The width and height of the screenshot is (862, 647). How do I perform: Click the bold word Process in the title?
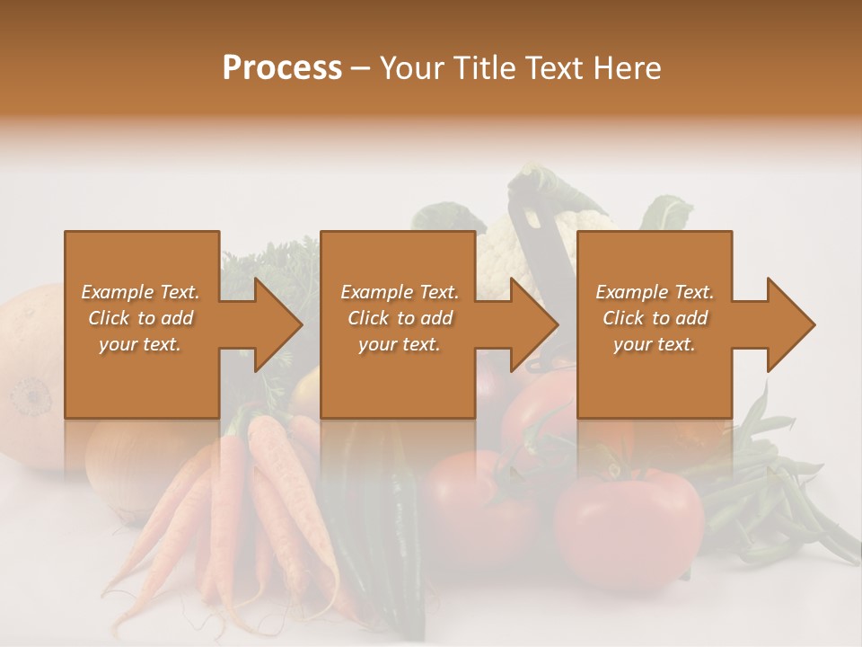(282, 68)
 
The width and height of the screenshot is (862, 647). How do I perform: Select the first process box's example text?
(141, 318)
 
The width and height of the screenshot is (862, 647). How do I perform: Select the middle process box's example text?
(399, 318)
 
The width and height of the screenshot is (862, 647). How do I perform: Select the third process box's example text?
(655, 318)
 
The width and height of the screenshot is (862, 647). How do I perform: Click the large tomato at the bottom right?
(629, 526)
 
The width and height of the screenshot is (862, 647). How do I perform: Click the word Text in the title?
(552, 68)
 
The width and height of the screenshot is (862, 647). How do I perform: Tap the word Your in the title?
(412, 68)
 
